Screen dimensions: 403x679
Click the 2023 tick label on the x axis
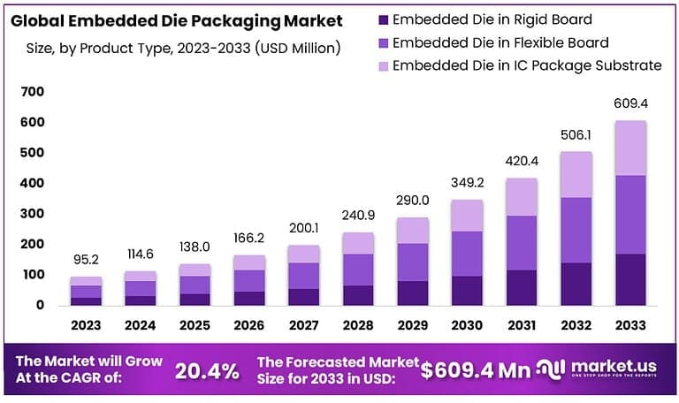pos(86,325)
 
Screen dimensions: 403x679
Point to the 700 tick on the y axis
pos(33,92)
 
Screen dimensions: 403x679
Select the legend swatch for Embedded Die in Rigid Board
pos(382,19)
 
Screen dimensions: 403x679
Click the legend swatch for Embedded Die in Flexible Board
pos(382,42)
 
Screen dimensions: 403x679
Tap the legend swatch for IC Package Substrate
pos(382,65)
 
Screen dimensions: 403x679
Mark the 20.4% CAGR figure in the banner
pos(207,371)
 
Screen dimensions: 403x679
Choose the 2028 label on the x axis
pos(358,325)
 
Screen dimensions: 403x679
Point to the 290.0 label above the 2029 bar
pos(413,201)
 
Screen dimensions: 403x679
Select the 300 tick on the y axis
pos(33,214)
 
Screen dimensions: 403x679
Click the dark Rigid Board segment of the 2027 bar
pos(303,297)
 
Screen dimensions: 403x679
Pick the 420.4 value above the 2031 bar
pos(521,162)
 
